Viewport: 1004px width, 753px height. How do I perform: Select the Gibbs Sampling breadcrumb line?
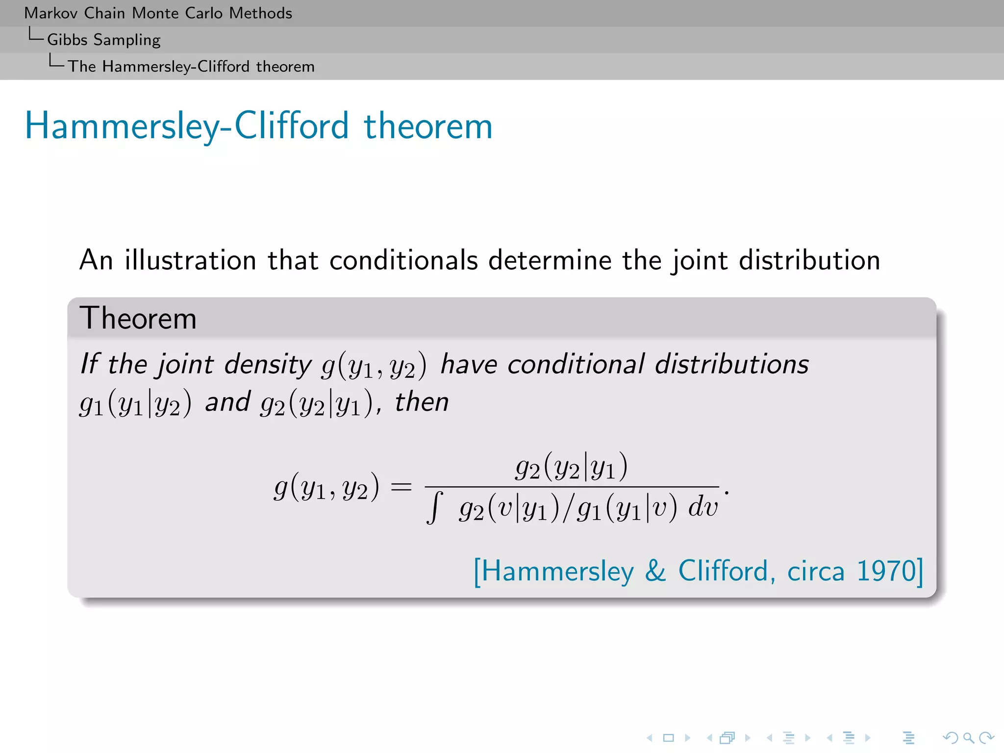103,40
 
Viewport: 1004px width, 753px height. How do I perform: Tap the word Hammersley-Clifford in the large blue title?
187,126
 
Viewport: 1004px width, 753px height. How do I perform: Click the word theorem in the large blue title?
427,126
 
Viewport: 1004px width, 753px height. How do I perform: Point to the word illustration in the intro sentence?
190,260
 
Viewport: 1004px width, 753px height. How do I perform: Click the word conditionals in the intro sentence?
403,260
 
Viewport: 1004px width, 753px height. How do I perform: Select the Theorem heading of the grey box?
138,318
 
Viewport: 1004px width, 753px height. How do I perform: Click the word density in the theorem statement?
268,365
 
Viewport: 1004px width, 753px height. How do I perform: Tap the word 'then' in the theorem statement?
422,402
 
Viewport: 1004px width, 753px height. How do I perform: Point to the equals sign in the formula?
401,487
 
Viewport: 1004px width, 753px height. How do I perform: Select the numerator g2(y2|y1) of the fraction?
571,467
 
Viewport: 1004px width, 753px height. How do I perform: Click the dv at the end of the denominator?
703,507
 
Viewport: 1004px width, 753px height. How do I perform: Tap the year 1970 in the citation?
885,572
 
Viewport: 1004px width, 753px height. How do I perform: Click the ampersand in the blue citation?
655,572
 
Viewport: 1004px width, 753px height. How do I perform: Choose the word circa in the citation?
816,572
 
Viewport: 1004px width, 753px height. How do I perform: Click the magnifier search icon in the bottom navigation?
968,737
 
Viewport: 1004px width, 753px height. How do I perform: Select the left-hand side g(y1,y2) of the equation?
326,487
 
